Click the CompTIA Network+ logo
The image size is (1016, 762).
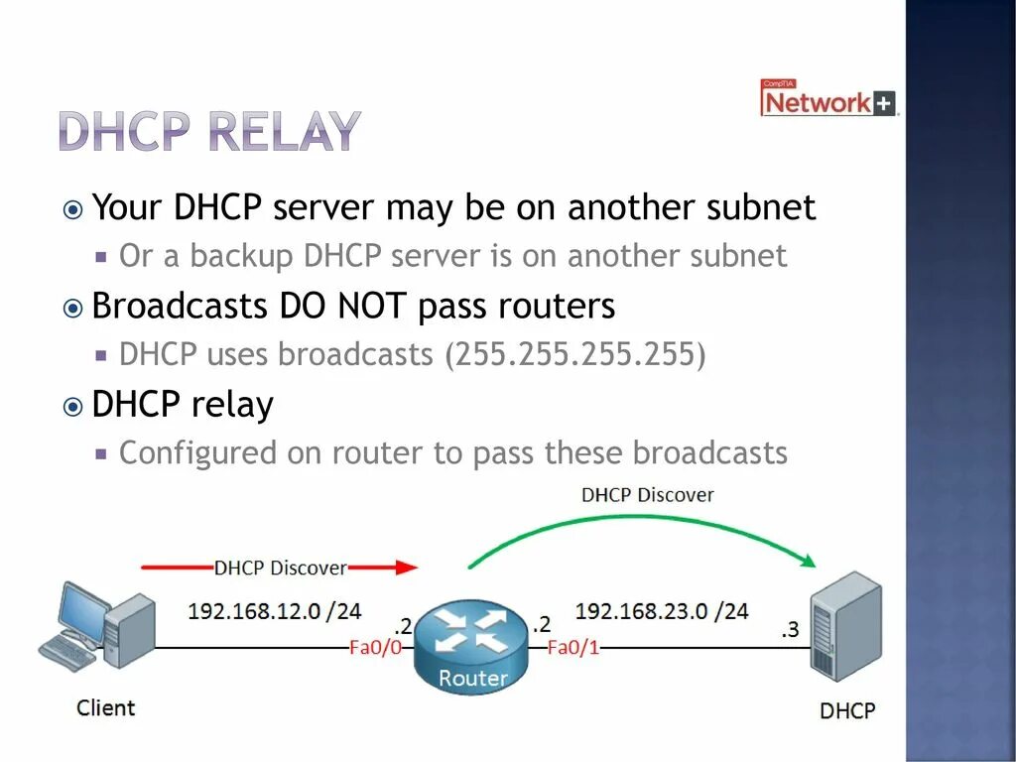click(x=828, y=99)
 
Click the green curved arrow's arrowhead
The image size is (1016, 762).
click(x=808, y=561)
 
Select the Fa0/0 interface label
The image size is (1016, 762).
click(x=376, y=648)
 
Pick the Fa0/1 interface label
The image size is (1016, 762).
click(x=573, y=648)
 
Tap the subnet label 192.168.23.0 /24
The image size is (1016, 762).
click(x=662, y=611)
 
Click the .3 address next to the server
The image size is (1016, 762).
click(x=789, y=629)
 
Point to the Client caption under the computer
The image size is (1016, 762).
click(x=105, y=707)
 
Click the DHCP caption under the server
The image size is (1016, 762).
click(x=847, y=710)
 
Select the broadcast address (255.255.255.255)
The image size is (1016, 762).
click(x=575, y=354)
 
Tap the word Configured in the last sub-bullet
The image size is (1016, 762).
click(x=198, y=452)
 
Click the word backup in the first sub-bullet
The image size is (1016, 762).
click(x=242, y=256)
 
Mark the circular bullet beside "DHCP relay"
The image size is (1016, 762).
click(x=72, y=406)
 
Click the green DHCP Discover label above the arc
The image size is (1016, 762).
click(x=647, y=494)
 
